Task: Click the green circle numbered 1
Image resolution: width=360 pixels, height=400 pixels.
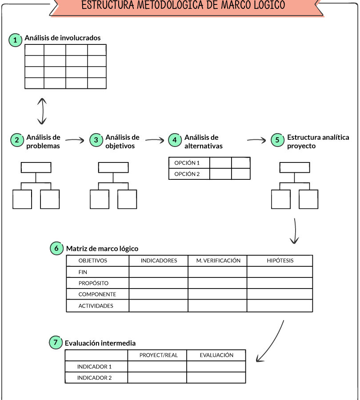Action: tap(15, 40)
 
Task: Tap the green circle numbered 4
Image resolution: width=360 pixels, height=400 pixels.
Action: tap(175, 140)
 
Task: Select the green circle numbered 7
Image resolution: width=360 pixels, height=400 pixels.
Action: tap(56, 342)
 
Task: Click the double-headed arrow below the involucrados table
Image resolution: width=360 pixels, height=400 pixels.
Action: tap(42, 111)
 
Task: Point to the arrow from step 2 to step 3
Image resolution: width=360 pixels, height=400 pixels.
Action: tap(75, 140)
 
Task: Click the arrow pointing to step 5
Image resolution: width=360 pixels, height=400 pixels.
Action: tap(256, 140)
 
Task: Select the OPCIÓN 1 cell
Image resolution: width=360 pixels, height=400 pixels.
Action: tap(189, 163)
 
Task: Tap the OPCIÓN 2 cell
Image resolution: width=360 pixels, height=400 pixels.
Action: tap(189, 174)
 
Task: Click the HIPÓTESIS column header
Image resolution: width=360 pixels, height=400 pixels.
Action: tap(280, 261)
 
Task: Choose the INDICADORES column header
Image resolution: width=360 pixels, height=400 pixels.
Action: tap(159, 261)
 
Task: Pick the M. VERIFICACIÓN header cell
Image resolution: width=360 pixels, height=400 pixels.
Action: tap(217, 261)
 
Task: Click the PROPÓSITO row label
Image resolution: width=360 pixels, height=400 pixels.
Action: tap(93, 283)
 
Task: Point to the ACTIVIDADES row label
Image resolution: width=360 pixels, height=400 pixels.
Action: tap(96, 305)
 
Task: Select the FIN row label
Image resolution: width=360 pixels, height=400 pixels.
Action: tap(83, 272)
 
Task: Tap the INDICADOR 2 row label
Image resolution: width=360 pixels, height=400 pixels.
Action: tap(95, 377)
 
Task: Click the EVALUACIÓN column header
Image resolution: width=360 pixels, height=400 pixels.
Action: tap(216, 355)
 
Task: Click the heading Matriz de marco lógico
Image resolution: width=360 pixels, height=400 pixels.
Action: tap(102, 249)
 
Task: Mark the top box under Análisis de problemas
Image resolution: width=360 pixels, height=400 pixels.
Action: tap(36, 168)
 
